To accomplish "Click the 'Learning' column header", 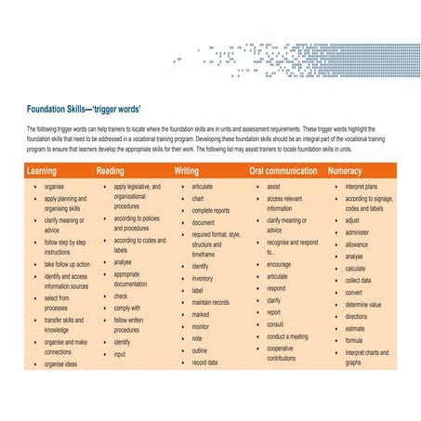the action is pyautogui.click(x=42, y=172).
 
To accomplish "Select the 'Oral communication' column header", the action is pyautogui.click(x=283, y=172).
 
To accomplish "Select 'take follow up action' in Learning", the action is pyautogui.click(x=67, y=264).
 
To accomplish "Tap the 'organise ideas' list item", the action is pyautogui.click(x=61, y=364).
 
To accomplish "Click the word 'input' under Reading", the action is pyautogui.click(x=120, y=354).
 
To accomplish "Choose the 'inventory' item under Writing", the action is pyautogui.click(x=203, y=279).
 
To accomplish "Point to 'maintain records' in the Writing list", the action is pyautogui.click(x=211, y=302).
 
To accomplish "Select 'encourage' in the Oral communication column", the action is pyautogui.click(x=279, y=264).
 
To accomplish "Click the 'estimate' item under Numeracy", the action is pyautogui.click(x=355, y=327).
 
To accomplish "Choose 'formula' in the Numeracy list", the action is pyautogui.click(x=354, y=339).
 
